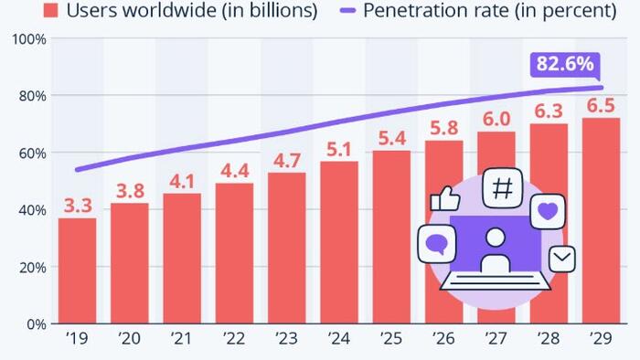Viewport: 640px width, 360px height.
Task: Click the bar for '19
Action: tap(77, 270)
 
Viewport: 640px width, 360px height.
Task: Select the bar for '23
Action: tap(287, 248)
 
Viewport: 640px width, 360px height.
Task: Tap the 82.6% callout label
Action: tap(563, 64)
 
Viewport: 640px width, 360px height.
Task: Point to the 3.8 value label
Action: tap(129, 191)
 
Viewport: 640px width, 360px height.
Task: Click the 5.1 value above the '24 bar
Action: tap(339, 149)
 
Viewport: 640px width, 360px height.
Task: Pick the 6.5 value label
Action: tap(602, 105)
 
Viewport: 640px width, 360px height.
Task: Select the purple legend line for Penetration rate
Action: tap(349, 12)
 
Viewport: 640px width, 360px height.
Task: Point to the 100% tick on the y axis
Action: tap(29, 39)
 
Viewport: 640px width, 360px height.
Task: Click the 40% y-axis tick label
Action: tap(31, 210)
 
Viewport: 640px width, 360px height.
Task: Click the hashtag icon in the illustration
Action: tap(502, 189)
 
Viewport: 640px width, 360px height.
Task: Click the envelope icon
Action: tap(561, 259)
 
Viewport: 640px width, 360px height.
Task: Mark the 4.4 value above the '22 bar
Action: tap(234, 170)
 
